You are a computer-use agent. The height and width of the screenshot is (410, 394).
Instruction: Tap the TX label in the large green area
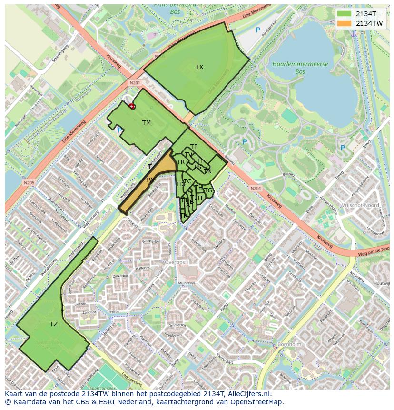(199, 67)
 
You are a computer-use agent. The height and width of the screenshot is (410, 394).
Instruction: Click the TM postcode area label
(147, 123)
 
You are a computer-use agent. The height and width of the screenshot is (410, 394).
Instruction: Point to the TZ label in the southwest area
(54, 324)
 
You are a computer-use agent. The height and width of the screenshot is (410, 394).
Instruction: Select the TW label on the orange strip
(150, 180)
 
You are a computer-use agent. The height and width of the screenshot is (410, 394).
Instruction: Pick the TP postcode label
(194, 147)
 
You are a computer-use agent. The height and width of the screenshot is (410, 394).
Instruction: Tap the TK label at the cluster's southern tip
(184, 216)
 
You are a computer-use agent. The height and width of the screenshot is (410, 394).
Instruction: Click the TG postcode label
(208, 190)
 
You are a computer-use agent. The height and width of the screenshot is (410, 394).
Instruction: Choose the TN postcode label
(207, 171)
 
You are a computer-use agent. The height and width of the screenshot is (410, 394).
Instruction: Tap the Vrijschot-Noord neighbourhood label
(360, 205)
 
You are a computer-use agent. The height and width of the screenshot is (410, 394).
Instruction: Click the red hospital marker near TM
(132, 107)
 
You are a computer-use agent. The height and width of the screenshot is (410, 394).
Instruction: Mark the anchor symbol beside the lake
(354, 34)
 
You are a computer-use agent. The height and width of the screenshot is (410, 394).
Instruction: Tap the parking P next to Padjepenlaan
(258, 30)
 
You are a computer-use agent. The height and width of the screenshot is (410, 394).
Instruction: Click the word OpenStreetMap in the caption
(259, 402)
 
